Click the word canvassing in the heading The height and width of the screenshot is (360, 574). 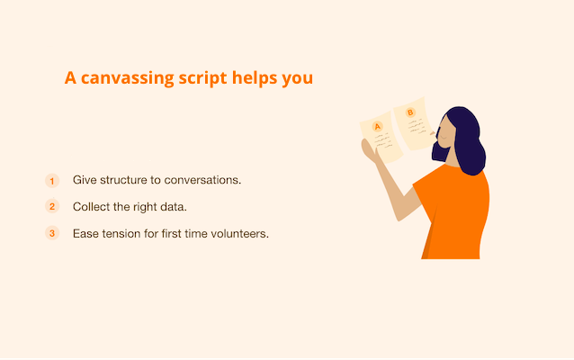[128, 78]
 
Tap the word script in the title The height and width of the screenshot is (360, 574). [202, 78]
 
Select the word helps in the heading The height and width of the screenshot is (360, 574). [254, 78]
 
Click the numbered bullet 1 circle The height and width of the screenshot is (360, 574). [52, 181]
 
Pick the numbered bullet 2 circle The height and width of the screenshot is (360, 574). [52, 206]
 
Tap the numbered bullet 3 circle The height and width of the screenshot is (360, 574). [52, 233]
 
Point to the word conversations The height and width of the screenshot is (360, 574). [202, 180]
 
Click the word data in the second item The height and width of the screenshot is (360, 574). [174, 207]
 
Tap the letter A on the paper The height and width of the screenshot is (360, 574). [378, 127]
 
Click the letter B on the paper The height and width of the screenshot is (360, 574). [410, 112]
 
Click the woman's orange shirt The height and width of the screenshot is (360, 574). [455, 212]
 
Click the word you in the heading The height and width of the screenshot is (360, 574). [297, 79]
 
